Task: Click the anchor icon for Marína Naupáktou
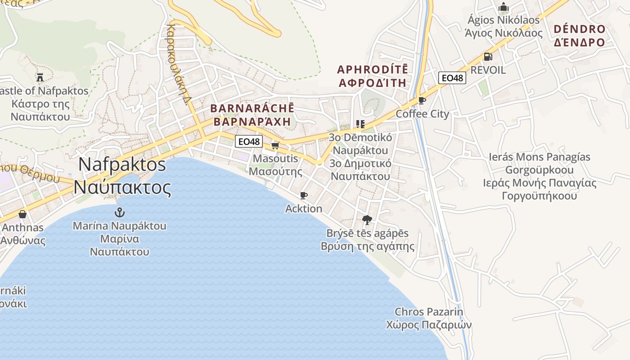[x=120, y=212]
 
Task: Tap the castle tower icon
[x=40, y=77]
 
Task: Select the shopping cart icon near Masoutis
[x=275, y=145]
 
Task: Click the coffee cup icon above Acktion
[x=304, y=195]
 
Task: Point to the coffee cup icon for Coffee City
[x=422, y=100]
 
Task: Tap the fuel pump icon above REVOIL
[x=488, y=57]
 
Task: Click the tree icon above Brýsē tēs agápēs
[x=367, y=220]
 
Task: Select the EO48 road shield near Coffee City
[x=452, y=78]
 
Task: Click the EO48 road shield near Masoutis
[x=248, y=141]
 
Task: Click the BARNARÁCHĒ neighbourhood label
[x=252, y=115]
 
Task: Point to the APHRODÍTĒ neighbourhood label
[x=373, y=76]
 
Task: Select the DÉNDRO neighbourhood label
[x=580, y=36]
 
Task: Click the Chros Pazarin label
[x=429, y=318]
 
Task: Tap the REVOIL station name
[x=488, y=70]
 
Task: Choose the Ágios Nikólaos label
[x=504, y=27]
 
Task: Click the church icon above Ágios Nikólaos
[x=504, y=7]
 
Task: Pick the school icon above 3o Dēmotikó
[x=360, y=124]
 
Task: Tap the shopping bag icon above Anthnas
[x=22, y=214]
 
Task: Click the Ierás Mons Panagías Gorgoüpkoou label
[x=540, y=176]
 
